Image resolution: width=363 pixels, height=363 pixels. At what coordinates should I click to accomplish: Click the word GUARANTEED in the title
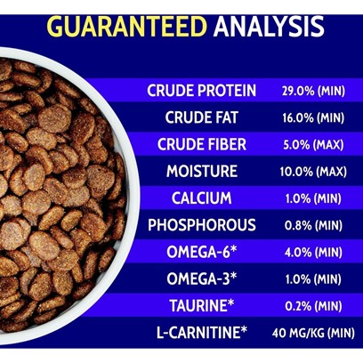(127, 27)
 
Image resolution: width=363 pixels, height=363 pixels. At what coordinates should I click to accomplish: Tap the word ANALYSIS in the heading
(269, 27)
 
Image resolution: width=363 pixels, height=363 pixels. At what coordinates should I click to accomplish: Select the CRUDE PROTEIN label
(202, 91)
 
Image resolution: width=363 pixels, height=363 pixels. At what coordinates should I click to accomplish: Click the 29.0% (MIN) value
(313, 91)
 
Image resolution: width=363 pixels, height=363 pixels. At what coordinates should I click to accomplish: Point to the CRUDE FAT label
(202, 117)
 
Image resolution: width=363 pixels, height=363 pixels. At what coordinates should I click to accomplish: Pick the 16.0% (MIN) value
(313, 117)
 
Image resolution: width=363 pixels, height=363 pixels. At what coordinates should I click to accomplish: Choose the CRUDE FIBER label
(202, 144)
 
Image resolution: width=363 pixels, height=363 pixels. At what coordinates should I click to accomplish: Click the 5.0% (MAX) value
(313, 145)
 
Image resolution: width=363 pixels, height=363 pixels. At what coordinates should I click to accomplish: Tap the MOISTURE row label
(202, 171)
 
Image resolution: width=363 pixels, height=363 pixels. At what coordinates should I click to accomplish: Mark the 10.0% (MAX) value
(313, 172)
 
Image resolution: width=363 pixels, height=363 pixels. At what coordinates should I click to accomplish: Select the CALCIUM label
(202, 198)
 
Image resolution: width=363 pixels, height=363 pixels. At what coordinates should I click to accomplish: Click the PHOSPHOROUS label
(202, 225)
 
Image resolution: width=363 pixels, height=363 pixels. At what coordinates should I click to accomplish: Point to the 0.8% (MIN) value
(313, 226)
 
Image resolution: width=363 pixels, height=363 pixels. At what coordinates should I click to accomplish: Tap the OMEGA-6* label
(202, 252)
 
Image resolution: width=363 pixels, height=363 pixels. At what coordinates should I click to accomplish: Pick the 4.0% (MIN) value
(313, 253)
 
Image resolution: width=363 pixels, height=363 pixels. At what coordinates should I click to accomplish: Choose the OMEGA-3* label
(202, 278)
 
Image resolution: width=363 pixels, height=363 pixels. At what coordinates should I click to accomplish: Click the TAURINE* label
(202, 306)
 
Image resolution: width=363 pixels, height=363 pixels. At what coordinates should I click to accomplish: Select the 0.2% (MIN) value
(313, 306)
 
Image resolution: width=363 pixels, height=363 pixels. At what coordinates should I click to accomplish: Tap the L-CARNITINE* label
(202, 333)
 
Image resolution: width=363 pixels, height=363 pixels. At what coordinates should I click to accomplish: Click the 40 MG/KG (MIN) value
(313, 333)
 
